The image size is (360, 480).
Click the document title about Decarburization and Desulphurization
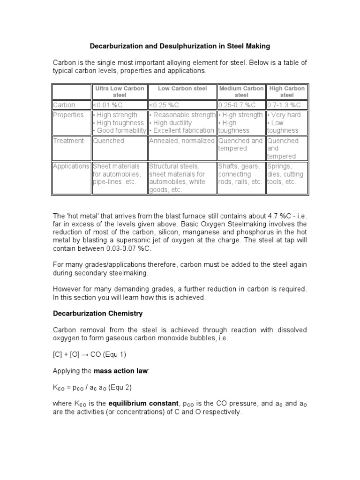[x=180, y=46]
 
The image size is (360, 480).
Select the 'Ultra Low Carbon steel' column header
[x=120, y=92]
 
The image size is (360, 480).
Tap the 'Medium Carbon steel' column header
[x=241, y=92]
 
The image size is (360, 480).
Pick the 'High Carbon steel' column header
[x=286, y=92]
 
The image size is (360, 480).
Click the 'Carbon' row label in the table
[x=64, y=105]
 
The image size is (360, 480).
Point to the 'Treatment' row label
[x=68, y=141]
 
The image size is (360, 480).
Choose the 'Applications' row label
[x=71, y=166]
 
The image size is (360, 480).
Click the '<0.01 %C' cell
[x=109, y=105]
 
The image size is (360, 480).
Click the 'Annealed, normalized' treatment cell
[x=182, y=141]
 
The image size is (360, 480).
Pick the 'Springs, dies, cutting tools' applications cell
[x=285, y=174]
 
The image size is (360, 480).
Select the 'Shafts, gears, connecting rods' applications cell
[x=240, y=174]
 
